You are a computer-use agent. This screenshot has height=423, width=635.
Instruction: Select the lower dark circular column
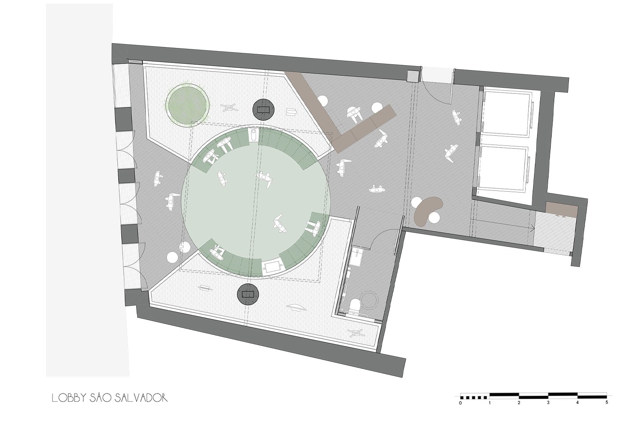click(248, 294)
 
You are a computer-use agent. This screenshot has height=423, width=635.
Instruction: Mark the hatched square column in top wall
click(414, 76)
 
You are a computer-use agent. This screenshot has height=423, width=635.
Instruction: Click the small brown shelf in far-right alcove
click(562, 209)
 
